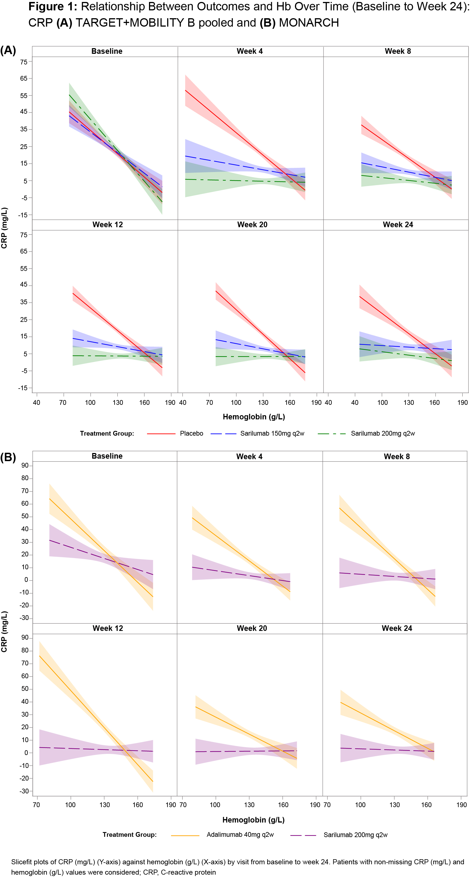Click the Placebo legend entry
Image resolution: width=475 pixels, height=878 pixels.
191,434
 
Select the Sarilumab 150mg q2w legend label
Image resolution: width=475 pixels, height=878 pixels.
272,434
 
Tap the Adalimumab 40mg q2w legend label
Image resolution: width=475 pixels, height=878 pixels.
240,835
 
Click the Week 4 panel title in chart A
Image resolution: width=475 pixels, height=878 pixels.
250,51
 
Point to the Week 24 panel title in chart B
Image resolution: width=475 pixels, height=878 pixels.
397,628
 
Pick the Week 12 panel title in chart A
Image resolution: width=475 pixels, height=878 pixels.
107,225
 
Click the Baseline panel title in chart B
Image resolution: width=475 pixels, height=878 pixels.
107,456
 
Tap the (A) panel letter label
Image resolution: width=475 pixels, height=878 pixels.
8,50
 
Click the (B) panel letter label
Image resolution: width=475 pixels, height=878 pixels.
8,457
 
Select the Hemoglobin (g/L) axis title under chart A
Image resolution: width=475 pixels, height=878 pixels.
253,417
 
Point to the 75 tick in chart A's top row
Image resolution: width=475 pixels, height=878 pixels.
24,62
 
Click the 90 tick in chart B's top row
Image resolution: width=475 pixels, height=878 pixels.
25,466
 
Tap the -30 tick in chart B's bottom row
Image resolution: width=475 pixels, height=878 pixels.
24,791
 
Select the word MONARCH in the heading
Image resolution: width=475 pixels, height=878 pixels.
309,23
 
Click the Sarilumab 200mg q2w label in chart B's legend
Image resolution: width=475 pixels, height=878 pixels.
355,835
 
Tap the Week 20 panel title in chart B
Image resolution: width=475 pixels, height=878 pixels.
252,628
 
